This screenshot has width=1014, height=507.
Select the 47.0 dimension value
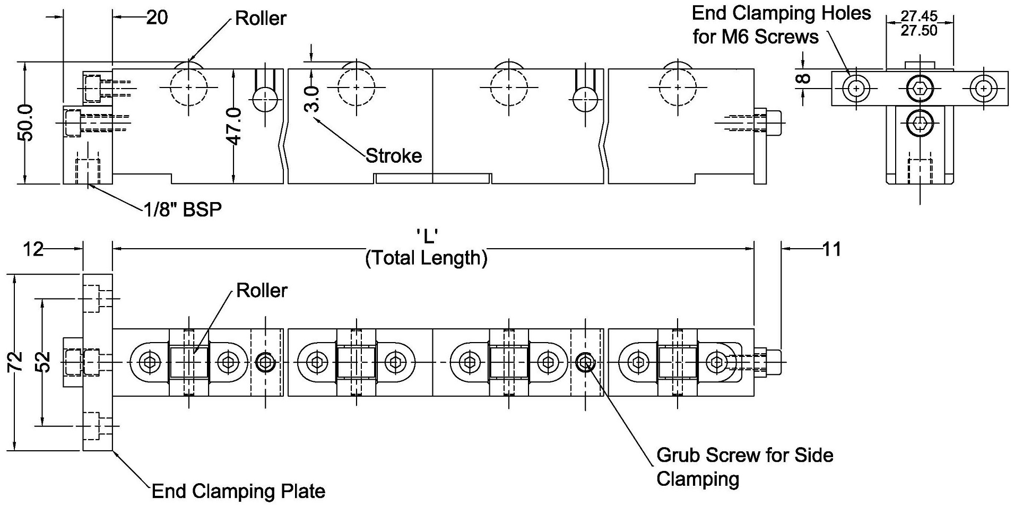pos(234,126)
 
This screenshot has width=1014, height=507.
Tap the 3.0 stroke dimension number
pos(313,99)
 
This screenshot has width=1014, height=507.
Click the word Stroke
pos(394,156)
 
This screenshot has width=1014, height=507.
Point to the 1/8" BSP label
pos(183,210)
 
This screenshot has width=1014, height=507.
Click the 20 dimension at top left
pos(157,18)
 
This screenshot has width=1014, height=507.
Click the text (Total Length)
pos(427,258)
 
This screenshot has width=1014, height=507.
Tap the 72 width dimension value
pos(16,362)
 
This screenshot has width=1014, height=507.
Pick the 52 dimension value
pos(45,362)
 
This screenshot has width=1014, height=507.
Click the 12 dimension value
pos(33,249)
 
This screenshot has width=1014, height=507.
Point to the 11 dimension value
pos(831,249)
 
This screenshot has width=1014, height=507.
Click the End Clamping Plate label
pos(238,492)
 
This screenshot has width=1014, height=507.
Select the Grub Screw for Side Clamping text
pos(744,467)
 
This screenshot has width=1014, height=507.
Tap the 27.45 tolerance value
pos(919,16)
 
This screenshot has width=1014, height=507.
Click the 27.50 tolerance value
pos(919,31)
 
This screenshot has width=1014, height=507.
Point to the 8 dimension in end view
pos(804,78)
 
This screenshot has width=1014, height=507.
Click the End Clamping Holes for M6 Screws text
pos(781,25)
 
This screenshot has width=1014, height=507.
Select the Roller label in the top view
pos(261,19)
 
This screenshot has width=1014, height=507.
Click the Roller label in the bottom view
pos(262,291)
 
